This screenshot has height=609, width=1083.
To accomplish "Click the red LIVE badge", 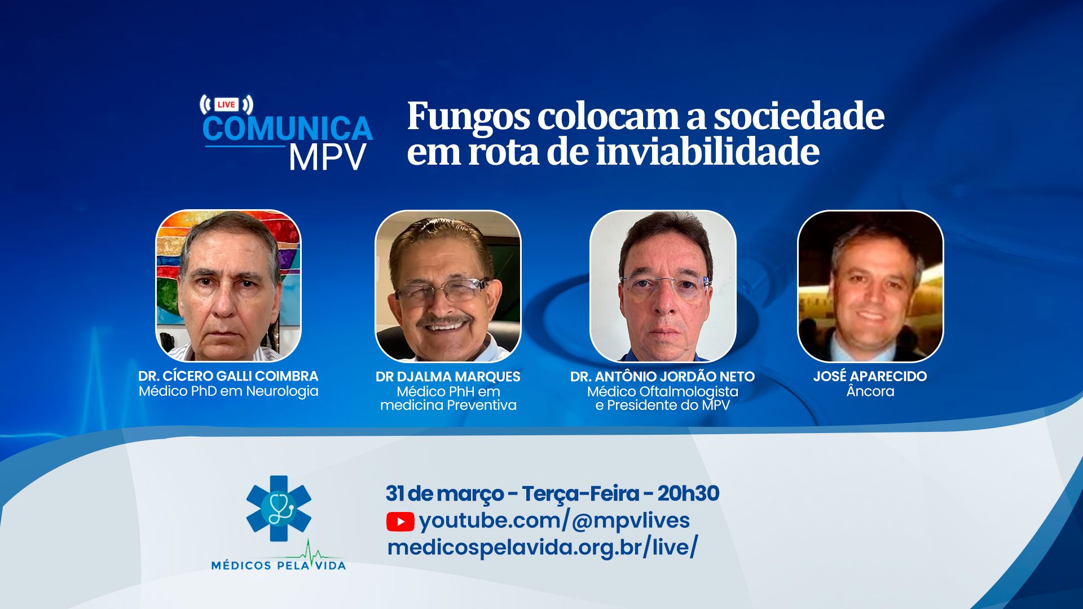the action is [226, 104].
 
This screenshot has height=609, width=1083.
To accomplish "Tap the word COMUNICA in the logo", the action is [288, 129].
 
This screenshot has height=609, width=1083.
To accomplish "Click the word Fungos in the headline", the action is [469, 117].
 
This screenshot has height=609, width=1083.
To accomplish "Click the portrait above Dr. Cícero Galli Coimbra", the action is [228, 286].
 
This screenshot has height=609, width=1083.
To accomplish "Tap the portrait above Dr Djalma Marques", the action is [448, 286].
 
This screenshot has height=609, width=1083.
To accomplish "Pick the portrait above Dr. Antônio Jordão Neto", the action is [663, 286].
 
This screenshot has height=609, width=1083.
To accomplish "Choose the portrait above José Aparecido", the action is [870, 286].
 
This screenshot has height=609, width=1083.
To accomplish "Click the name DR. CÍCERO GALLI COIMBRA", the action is [228, 376].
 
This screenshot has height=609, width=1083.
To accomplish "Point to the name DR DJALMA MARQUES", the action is [448, 377].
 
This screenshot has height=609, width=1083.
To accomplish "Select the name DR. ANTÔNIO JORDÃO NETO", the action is [663, 377].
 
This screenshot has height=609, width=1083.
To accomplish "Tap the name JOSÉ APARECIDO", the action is [870, 376].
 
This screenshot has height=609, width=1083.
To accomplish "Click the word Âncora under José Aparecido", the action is [870, 391].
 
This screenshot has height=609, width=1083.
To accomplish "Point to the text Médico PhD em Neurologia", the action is [228, 391].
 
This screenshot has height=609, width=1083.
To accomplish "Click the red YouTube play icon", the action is [400, 522].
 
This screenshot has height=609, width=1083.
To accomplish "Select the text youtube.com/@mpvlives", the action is [554, 520].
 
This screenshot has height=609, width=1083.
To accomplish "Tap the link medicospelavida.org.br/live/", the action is [543, 548].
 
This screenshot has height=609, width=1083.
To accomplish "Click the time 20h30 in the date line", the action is [688, 493].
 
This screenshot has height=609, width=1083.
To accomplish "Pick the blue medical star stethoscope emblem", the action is [279, 509].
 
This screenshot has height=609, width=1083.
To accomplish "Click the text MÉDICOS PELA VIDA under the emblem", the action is [279, 565].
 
